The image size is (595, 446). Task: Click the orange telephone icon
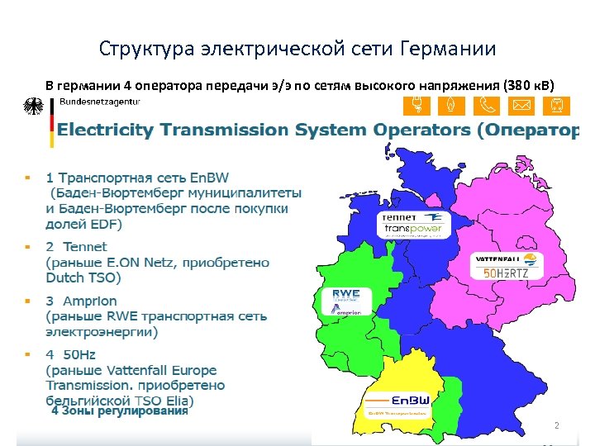tap(484, 106)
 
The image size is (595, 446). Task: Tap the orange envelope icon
tap(521, 106)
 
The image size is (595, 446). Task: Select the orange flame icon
tap(449, 106)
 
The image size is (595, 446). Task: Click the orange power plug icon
tap(413, 106)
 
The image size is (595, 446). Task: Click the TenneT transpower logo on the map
tap(414, 225)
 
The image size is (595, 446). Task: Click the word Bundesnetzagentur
tap(100, 102)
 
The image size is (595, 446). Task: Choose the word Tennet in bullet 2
tap(85, 246)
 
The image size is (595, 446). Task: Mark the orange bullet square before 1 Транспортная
tap(27, 177)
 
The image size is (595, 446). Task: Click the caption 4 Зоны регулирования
tap(120, 410)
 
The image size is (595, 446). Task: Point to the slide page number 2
tap(556, 426)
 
